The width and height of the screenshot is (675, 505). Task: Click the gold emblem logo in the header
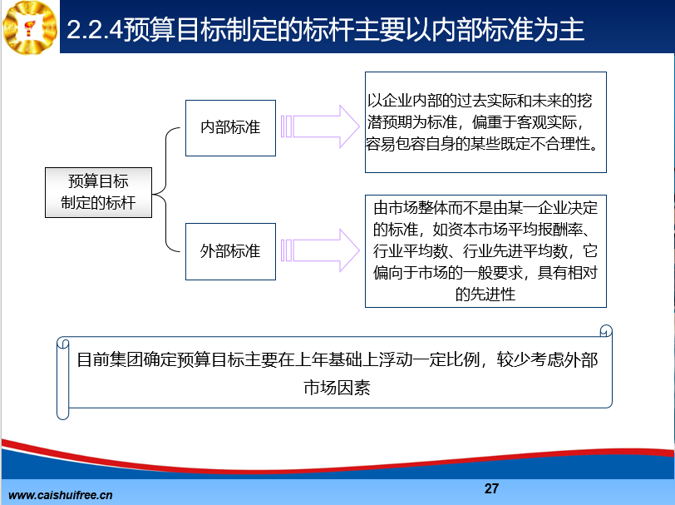pyautogui.click(x=30, y=27)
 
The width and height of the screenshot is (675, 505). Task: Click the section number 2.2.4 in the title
pyautogui.click(x=95, y=30)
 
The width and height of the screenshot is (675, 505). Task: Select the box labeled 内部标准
pyautogui.click(x=230, y=128)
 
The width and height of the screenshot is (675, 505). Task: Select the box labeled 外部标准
pyautogui.click(x=230, y=251)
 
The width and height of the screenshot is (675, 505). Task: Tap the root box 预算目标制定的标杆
pyautogui.click(x=99, y=193)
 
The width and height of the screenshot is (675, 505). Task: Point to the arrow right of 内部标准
pyautogui.click(x=320, y=126)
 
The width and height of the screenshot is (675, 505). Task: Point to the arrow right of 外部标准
pyautogui.click(x=320, y=250)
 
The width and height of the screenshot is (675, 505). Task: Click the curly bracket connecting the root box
pyautogui.click(x=166, y=190)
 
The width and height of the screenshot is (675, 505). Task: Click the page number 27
pyautogui.click(x=491, y=488)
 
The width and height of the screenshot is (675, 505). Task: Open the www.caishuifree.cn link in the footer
pyautogui.click(x=60, y=495)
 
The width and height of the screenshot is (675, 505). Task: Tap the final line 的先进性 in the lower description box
pyautogui.click(x=485, y=295)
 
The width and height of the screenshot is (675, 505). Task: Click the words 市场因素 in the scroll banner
pyautogui.click(x=337, y=388)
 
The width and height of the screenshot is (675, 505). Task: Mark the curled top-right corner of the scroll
pyautogui.click(x=606, y=331)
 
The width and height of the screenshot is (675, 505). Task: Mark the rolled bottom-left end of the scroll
pyautogui.click(x=63, y=413)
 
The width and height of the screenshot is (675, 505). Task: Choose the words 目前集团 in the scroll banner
pyautogui.click(x=110, y=359)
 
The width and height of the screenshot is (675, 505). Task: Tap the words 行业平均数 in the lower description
pyautogui.click(x=411, y=251)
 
